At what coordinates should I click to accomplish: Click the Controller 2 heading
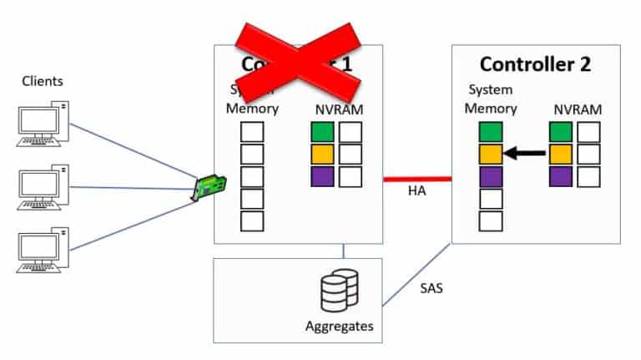tap(535, 64)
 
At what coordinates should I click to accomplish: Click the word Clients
tap(43, 81)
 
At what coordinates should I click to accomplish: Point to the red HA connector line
tap(417, 178)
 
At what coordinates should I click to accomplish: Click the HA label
tap(417, 193)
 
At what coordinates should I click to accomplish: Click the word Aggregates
tap(340, 326)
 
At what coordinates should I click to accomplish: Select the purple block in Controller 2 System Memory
tap(491, 176)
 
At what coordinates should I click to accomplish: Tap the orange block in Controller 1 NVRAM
tap(321, 155)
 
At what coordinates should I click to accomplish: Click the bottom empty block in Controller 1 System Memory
tap(252, 221)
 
